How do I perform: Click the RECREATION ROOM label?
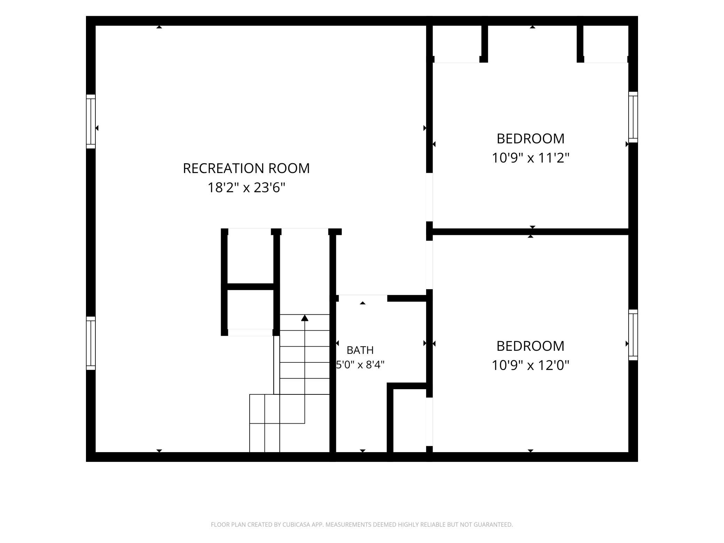(x=246, y=168)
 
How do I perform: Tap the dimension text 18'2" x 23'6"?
(x=246, y=188)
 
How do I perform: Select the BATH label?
(x=360, y=350)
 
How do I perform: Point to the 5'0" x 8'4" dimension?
(x=360, y=365)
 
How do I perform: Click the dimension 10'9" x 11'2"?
(x=530, y=158)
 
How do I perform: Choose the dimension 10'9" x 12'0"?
(x=530, y=365)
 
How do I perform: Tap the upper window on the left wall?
(x=91, y=121)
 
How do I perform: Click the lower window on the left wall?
(x=91, y=343)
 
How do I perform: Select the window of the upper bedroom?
(x=633, y=117)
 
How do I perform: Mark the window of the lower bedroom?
(x=633, y=335)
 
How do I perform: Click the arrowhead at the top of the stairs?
(x=305, y=318)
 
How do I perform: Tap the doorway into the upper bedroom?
(x=430, y=197)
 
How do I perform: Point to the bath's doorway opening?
(x=363, y=298)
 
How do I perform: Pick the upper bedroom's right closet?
(x=606, y=44)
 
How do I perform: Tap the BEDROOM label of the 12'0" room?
(x=530, y=346)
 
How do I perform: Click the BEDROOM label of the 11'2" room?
(x=530, y=139)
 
